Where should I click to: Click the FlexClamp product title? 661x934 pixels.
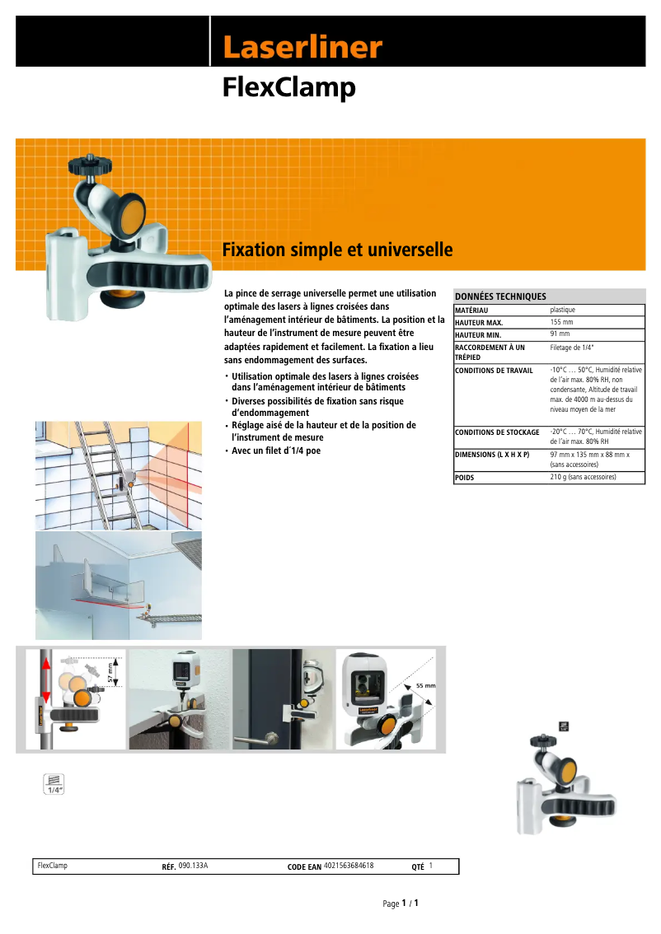288,87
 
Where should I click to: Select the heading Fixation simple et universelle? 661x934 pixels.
337,250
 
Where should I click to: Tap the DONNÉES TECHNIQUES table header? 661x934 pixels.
501,297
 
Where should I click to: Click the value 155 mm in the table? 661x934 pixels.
561,322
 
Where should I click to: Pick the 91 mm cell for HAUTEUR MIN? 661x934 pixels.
560,334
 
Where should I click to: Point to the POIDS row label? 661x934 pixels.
465,477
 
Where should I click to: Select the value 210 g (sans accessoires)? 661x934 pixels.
583,477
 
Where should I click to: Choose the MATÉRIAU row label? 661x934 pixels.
471,310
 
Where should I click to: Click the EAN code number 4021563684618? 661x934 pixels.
349,866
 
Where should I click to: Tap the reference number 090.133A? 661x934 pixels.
193,866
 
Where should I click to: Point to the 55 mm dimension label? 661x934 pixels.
425,685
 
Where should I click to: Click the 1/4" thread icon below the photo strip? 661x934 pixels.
54,783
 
